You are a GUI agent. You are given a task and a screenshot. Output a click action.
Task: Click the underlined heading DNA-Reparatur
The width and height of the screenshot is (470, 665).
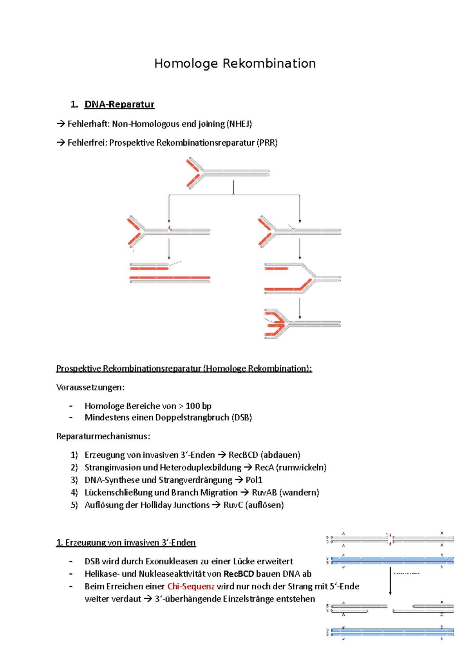coord(119,105)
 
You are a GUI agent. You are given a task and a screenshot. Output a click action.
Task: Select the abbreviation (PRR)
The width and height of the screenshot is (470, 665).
coord(267,143)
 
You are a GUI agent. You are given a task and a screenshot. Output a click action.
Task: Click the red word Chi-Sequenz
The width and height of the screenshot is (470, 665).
coord(191,586)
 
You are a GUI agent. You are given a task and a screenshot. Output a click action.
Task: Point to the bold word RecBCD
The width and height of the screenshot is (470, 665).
coord(239,574)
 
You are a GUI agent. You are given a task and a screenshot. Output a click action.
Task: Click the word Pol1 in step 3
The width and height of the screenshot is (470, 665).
coord(254,480)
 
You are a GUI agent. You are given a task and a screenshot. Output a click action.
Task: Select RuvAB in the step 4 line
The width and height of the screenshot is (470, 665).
coord(264,493)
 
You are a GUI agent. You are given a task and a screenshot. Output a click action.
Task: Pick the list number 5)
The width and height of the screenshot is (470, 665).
coord(74,505)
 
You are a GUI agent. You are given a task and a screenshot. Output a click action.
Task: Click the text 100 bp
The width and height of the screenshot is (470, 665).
coord(198,406)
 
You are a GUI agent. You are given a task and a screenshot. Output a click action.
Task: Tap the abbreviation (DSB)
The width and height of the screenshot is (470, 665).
coord(242,417)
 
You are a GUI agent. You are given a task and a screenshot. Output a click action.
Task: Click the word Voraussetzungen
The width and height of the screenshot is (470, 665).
coord(90,387)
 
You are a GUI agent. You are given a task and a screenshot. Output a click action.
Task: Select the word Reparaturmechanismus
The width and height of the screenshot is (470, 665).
coord(103,436)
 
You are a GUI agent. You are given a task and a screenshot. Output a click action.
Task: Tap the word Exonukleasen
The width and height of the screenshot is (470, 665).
coord(172,561)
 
